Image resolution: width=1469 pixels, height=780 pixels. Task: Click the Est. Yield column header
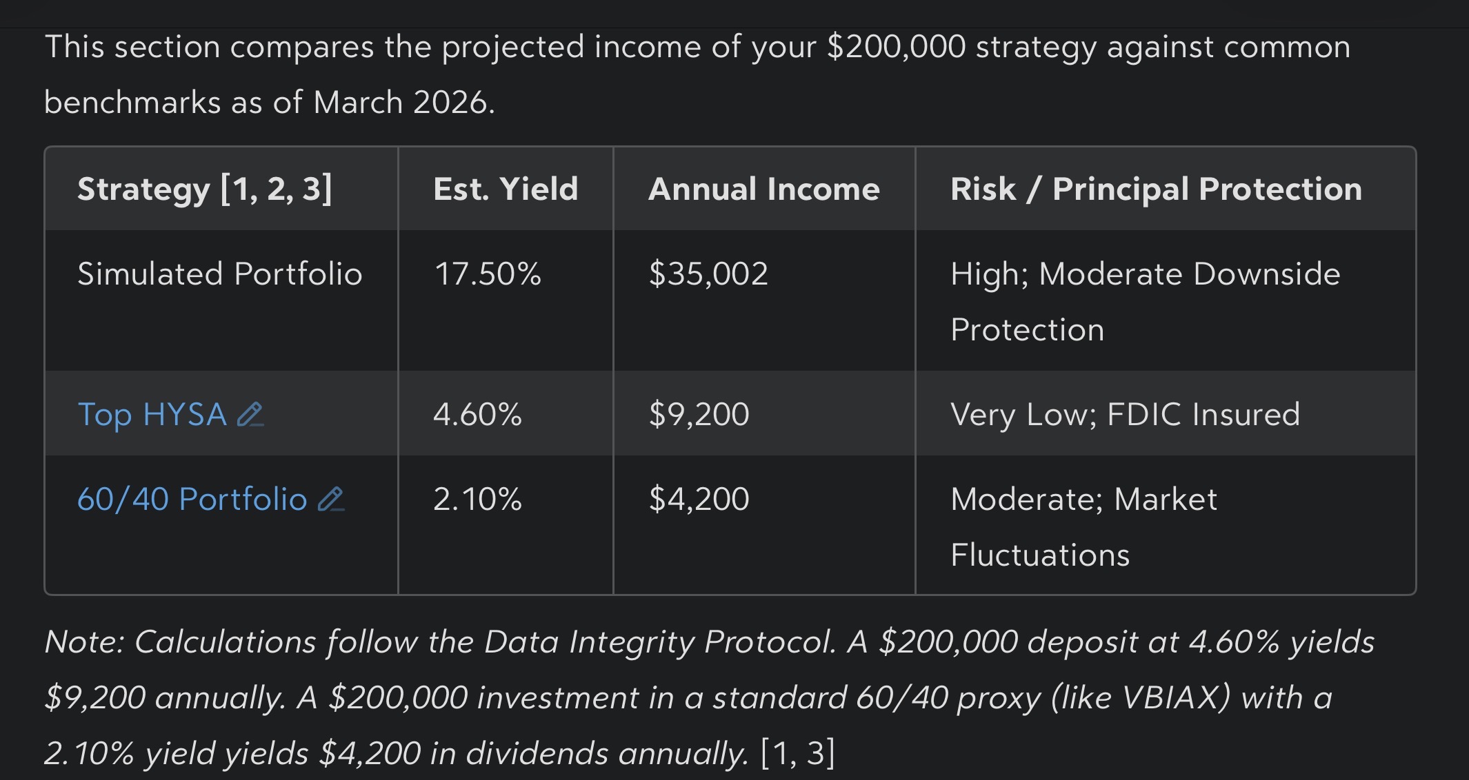click(506, 189)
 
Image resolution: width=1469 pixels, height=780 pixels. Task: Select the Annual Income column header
click(764, 189)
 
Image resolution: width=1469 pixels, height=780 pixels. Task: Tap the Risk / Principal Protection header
click(1156, 189)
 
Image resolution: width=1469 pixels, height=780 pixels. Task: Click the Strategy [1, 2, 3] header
click(205, 189)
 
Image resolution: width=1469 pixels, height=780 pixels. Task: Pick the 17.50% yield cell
click(488, 274)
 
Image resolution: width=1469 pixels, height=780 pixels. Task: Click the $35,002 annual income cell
click(708, 274)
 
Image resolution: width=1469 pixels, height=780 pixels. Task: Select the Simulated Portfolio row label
click(220, 274)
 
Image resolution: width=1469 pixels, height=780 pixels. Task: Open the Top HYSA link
click(152, 415)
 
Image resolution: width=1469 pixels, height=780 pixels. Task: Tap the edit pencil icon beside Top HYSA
click(250, 415)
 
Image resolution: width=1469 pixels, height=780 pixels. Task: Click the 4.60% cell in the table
click(477, 415)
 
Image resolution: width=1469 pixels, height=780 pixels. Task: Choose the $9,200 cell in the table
click(699, 415)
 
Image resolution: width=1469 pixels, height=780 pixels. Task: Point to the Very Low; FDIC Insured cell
click(1125, 415)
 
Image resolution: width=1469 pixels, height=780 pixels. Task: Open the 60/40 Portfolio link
click(192, 500)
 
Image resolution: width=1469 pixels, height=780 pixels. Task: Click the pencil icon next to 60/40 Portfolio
click(331, 500)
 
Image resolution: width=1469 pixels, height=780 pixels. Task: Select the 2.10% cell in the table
click(477, 500)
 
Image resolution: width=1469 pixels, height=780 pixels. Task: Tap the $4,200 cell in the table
click(699, 500)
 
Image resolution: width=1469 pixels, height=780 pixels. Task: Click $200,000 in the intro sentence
click(896, 47)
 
